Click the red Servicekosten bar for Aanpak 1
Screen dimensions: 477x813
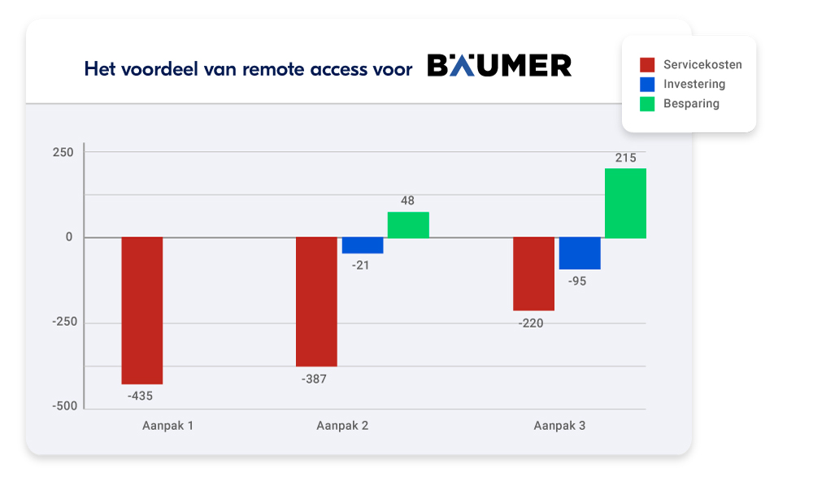[142, 310]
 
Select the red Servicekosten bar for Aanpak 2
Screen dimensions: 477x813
[316, 301]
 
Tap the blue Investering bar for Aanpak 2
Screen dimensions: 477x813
[363, 245]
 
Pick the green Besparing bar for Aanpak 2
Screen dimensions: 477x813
[408, 225]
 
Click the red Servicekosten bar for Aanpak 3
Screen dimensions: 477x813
[533, 274]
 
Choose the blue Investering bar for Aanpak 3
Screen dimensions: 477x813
[580, 253]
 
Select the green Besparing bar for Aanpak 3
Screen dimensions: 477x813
[625, 203]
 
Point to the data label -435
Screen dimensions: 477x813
[140, 397]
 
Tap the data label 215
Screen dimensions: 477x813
[625, 158]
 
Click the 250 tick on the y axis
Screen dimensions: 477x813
[63, 153]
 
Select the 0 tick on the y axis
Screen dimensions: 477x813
[69, 237]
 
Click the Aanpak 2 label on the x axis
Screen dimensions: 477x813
[342, 425]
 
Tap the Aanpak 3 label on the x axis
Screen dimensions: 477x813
[559, 425]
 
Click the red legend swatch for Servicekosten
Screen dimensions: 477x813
[647, 65]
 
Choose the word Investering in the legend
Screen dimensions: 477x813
[693, 85]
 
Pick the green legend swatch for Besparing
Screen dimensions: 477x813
[647, 104]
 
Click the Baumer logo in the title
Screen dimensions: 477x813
[499, 66]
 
